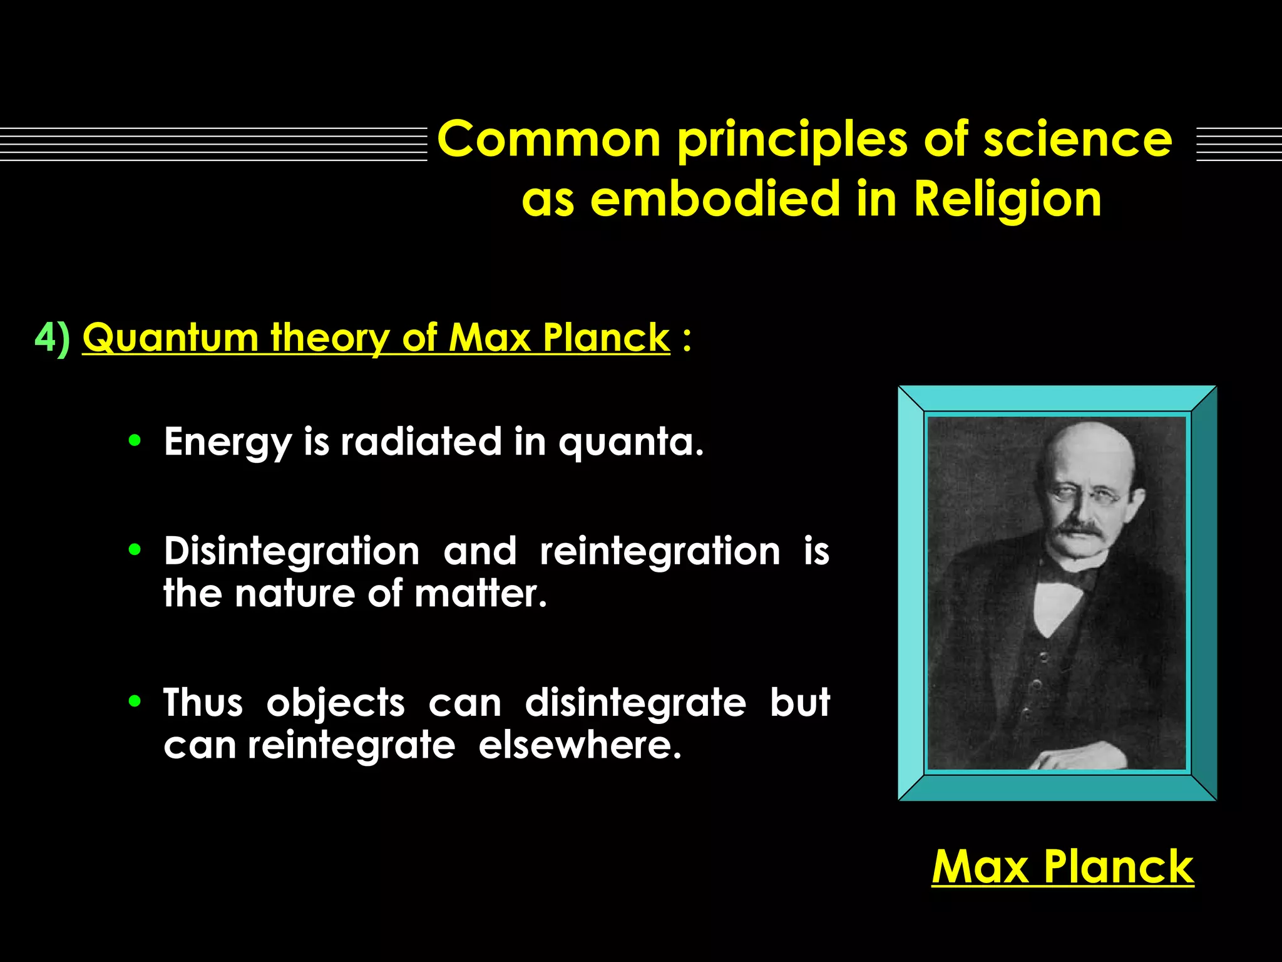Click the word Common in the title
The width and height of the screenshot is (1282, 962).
point(548,139)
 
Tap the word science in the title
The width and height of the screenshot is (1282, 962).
point(1077,139)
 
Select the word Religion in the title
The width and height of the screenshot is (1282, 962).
point(1007,199)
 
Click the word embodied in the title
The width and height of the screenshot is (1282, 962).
point(715,199)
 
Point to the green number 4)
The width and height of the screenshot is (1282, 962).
point(53,338)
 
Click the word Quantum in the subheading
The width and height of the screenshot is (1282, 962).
point(170,338)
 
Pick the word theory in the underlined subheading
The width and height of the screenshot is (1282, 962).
point(330,338)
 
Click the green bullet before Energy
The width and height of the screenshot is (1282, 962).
point(135,440)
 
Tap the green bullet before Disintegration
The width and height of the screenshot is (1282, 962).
point(135,550)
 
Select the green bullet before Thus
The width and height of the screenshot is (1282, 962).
point(135,701)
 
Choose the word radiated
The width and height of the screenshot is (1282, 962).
point(421,442)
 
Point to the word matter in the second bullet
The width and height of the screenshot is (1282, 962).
point(479,593)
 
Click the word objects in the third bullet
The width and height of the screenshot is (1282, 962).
point(336,703)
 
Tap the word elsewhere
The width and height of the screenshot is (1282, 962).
point(580,745)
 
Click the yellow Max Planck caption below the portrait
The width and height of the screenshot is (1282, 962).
point(1062,867)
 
